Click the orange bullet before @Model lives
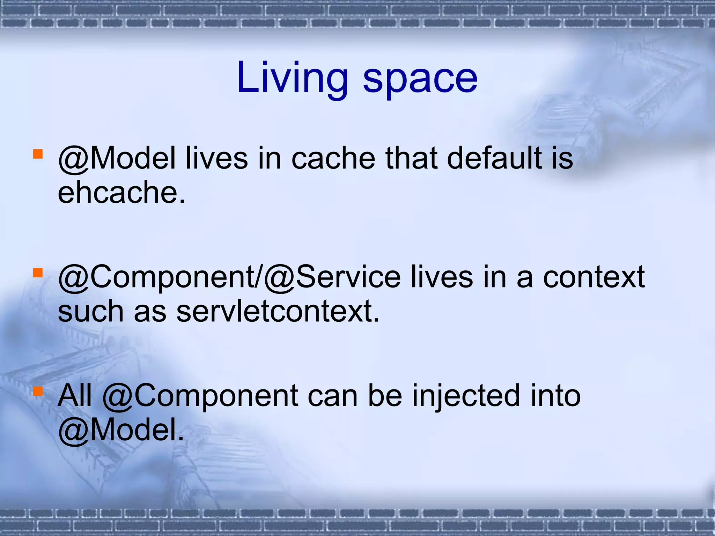(x=38, y=154)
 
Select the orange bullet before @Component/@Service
(x=38, y=272)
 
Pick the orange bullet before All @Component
(x=38, y=391)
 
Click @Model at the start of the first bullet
(x=117, y=159)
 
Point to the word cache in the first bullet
(x=333, y=159)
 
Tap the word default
(x=494, y=159)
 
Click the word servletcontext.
(x=278, y=311)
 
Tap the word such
(x=90, y=311)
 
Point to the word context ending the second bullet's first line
(x=594, y=277)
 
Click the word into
(x=555, y=396)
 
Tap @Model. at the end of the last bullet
(x=121, y=430)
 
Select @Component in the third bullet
(x=200, y=396)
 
